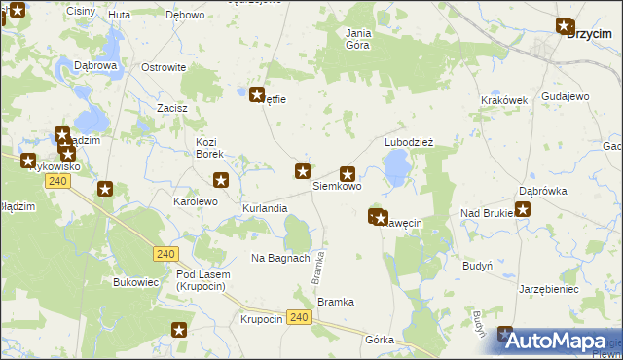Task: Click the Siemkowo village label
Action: coord(337,186)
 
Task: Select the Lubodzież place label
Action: coord(408,141)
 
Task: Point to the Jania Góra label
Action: coord(359,38)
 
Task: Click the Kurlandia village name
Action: coord(265,209)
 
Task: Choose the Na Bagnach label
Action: coord(280,258)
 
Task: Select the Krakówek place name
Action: coord(503,100)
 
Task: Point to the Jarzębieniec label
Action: coord(549,289)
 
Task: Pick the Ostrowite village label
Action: coord(164,67)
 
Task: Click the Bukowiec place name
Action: coord(135,282)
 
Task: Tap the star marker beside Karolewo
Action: coord(221,179)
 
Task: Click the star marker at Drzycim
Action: coord(564,26)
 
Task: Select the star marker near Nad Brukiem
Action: coord(522,208)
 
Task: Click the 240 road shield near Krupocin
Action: coord(300,318)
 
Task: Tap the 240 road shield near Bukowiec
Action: coord(165,254)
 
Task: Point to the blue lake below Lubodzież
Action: coord(396,172)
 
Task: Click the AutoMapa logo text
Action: coord(568,342)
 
